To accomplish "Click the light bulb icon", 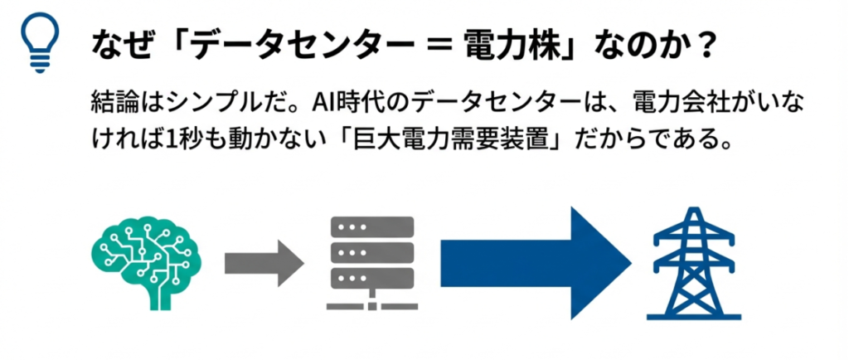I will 40,43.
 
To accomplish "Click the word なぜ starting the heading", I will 115,45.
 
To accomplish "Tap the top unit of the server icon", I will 371,226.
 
